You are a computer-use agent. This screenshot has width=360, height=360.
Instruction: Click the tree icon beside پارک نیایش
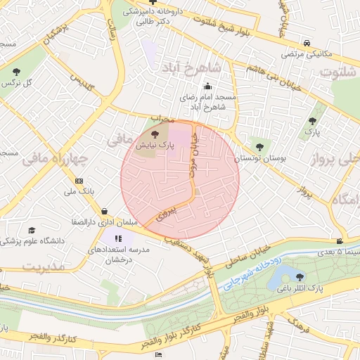pos(156,132)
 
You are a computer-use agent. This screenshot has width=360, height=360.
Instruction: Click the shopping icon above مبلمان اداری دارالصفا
pos(104,210)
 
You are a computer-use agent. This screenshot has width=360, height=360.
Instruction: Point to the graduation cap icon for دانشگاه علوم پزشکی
pos(32,230)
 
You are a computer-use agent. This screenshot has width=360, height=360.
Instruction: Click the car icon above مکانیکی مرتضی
pos(307,43)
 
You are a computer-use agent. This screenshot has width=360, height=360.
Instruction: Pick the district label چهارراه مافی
pos(55,160)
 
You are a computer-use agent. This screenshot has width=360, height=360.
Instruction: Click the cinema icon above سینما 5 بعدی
pos(340,241)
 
